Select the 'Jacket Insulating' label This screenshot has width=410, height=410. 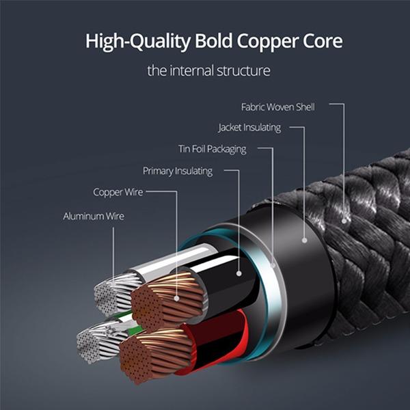(x=249, y=128)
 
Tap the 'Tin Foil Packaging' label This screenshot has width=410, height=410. (x=212, y=149)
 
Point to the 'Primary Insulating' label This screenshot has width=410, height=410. (x=178, y=171)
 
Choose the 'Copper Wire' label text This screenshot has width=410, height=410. (x=118, y=192)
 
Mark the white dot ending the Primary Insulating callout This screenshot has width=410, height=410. (x=238, y=273)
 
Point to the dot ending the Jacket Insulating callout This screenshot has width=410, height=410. (x=303, y=240)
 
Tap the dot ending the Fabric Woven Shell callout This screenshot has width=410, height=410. (x=346, y=220)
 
